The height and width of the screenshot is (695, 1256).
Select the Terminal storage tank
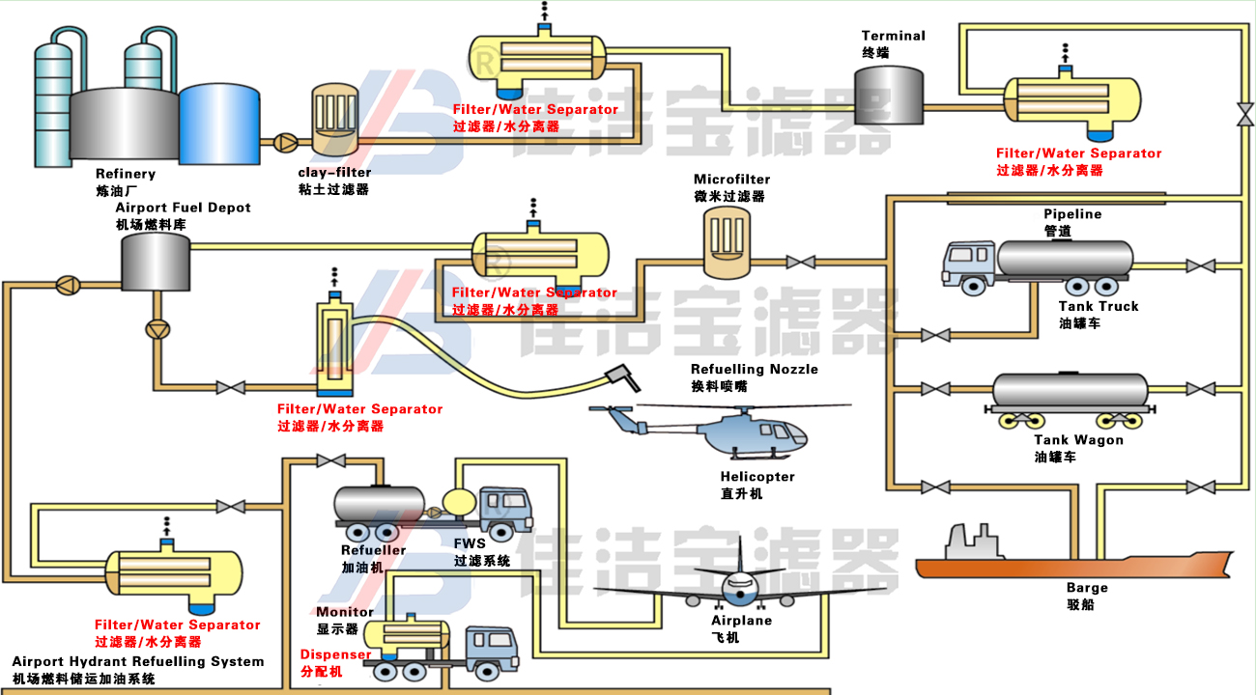(x=893, y=96)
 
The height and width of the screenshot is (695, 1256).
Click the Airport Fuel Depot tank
(x=155, y=262)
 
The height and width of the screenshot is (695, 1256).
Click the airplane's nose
(x=741, y=584)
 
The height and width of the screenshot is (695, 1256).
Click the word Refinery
(x=126, y=174)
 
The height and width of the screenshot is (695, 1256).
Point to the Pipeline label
(x=1072, y=214)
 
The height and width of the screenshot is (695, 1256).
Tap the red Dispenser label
(x=335, y=654)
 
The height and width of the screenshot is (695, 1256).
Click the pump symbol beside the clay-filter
(x=285, y=142)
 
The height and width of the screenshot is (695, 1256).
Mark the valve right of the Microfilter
(x=799, y=262)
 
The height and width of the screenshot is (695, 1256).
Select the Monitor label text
(x=345, y=612)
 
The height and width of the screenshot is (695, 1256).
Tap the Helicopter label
(x=757, y=477)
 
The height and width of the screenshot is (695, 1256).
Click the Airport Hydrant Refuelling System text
(x=138, y=662)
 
